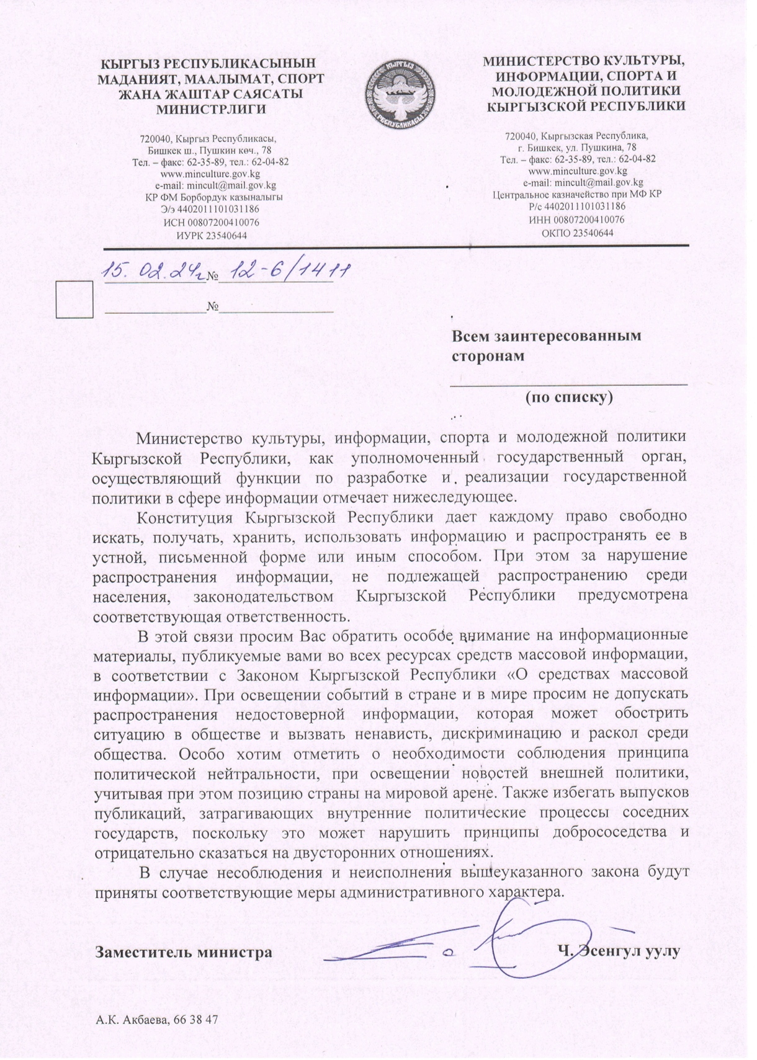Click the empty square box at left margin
pyautogui.click(x=74, y=299)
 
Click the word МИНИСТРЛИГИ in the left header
pyautogui.click(x=210, y=110)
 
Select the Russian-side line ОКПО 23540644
pyautogui.click(x=577, y=233)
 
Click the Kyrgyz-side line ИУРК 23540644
pyautogui.click(x=212, y=235)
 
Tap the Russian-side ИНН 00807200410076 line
pyautogui.click(x=577, y=220)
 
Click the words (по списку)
pyautogui.click(x=569, y=396)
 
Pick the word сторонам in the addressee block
pyautogui.click(x=487, y=356)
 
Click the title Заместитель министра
pyautogui.click(x=183, y=951)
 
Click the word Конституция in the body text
pyautogui.click(x=184, y=517)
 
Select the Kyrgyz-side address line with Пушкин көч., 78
pyautogui.click(x=210, y=150)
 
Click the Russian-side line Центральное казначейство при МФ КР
pyautogui.click(x=577, y=195)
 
